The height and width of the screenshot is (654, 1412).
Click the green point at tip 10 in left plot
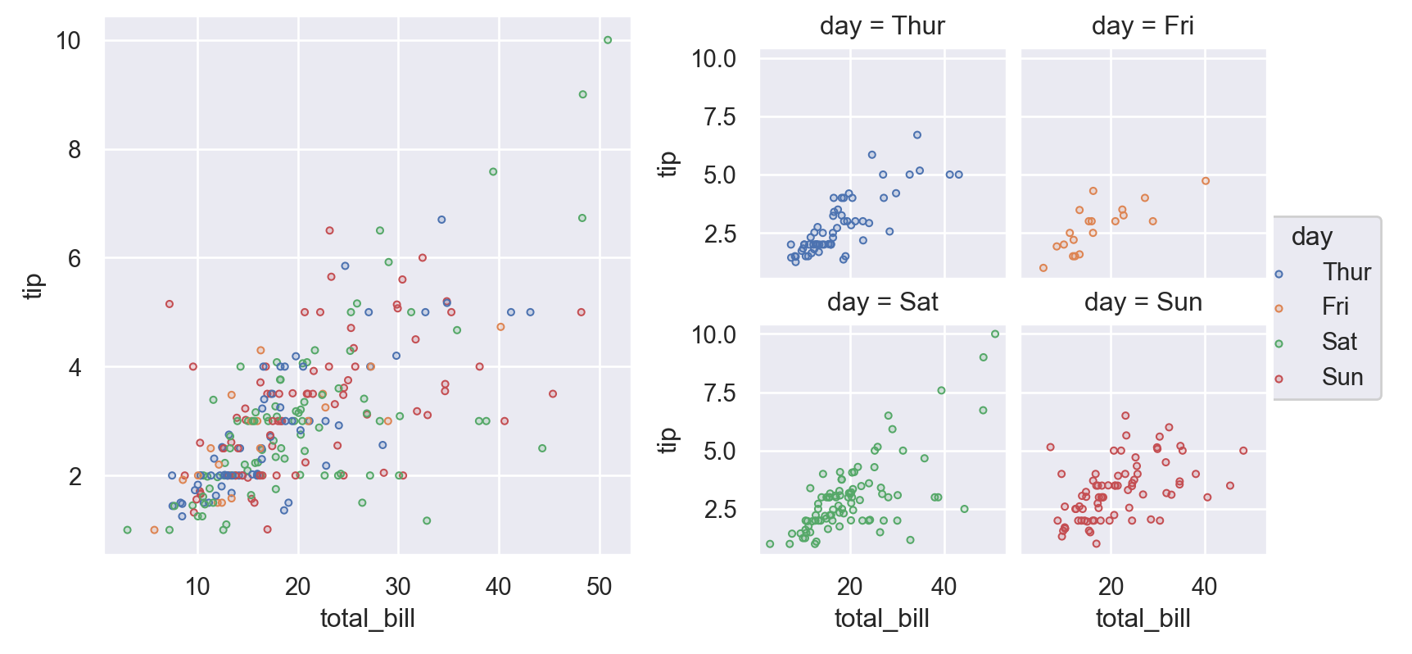click(608, 40)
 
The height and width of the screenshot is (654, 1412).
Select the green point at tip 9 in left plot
click(583, 94)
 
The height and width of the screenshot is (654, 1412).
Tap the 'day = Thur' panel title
click(882, 26)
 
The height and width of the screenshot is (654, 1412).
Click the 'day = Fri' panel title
click(1143, 26)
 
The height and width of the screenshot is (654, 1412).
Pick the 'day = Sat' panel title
click(882, 302)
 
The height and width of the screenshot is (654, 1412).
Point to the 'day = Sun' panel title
click(1143, 302)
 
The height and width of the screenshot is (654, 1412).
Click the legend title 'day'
click(1311, 237)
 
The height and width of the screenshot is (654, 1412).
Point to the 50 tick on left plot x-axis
click(600, 587)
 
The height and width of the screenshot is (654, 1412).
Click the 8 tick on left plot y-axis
click(75, 150)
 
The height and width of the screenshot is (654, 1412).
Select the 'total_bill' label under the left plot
click(367, 619)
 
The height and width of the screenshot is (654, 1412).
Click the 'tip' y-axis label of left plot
click(33, 286)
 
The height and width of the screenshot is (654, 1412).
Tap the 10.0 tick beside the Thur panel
click(713, 59)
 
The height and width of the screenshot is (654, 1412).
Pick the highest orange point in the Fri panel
click(1206, 181)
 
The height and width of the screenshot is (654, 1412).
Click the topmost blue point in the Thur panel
click(917, 135)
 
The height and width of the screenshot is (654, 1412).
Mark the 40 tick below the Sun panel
click(1204, 587)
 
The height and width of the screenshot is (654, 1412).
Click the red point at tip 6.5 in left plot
click(329, 230)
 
